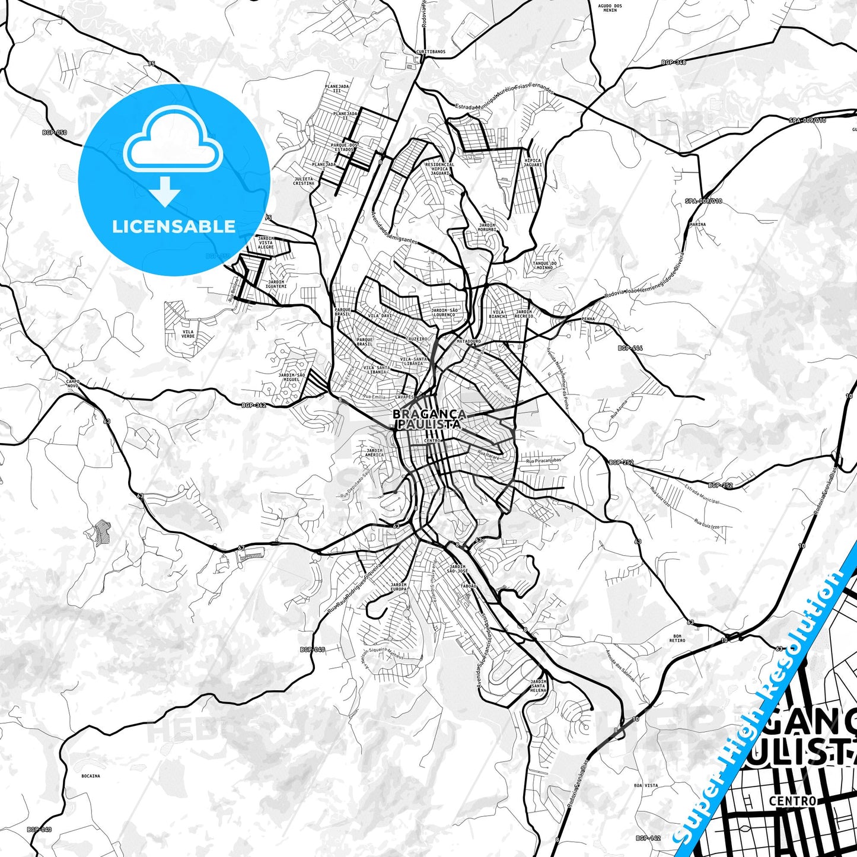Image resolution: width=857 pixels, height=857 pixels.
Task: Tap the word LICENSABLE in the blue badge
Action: [174, 227]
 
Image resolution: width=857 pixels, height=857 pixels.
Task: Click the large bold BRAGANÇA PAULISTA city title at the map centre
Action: [429, 419]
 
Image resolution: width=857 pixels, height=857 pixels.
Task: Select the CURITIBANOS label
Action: [430, 52]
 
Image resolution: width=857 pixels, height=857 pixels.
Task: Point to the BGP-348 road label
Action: [673, 62]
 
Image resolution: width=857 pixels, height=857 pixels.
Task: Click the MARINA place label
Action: [697, 225]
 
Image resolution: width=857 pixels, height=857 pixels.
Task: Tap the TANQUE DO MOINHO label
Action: [544, 265]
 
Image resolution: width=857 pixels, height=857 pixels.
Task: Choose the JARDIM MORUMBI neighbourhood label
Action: [487, 227]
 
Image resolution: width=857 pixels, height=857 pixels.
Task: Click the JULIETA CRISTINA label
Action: [304, 181]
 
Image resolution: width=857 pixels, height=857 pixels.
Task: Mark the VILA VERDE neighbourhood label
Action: [188, 334]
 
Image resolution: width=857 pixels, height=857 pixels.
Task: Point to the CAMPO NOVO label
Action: [72, 384]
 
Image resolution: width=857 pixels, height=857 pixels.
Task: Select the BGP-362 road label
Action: [254, 406]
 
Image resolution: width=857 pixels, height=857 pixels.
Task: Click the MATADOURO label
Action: [469, 342]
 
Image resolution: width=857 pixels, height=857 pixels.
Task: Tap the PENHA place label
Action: [588, 319]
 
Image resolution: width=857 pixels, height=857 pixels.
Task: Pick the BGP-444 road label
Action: [630, 348]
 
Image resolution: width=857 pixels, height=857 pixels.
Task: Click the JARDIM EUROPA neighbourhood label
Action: [399, 587]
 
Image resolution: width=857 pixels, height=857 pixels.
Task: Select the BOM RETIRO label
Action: [677, 638]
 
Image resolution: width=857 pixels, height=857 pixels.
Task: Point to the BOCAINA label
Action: [91, 776]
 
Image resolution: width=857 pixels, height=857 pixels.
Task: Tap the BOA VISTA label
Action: [646, 785]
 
